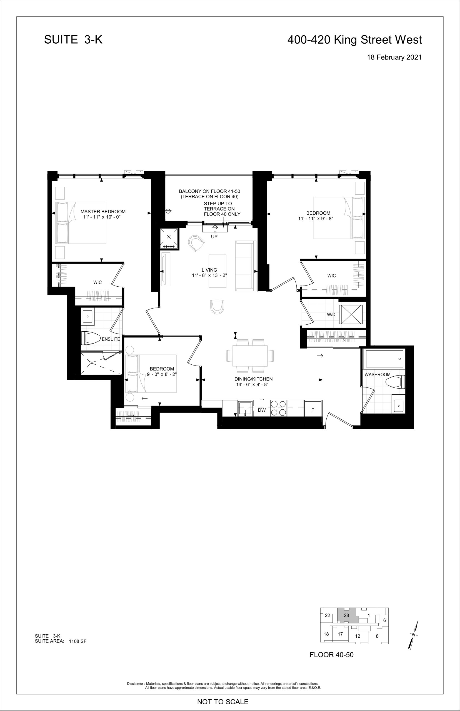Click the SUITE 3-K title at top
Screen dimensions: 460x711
73,39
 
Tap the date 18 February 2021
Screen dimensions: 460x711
394,57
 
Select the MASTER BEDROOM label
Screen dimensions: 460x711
103,212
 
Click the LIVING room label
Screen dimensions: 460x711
209,270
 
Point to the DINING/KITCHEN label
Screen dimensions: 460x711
253,379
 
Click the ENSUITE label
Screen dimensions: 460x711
111,339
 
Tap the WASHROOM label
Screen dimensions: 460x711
377,374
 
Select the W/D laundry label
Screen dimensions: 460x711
331,315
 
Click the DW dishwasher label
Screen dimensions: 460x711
262,410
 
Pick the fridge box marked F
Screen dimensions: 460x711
313,408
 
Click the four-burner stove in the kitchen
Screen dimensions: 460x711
278,408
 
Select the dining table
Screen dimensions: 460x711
250,356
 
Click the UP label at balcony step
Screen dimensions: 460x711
214,237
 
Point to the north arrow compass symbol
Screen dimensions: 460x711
413,635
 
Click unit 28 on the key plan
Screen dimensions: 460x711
346,615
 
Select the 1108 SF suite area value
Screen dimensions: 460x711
77,641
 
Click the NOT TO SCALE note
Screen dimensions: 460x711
223,702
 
